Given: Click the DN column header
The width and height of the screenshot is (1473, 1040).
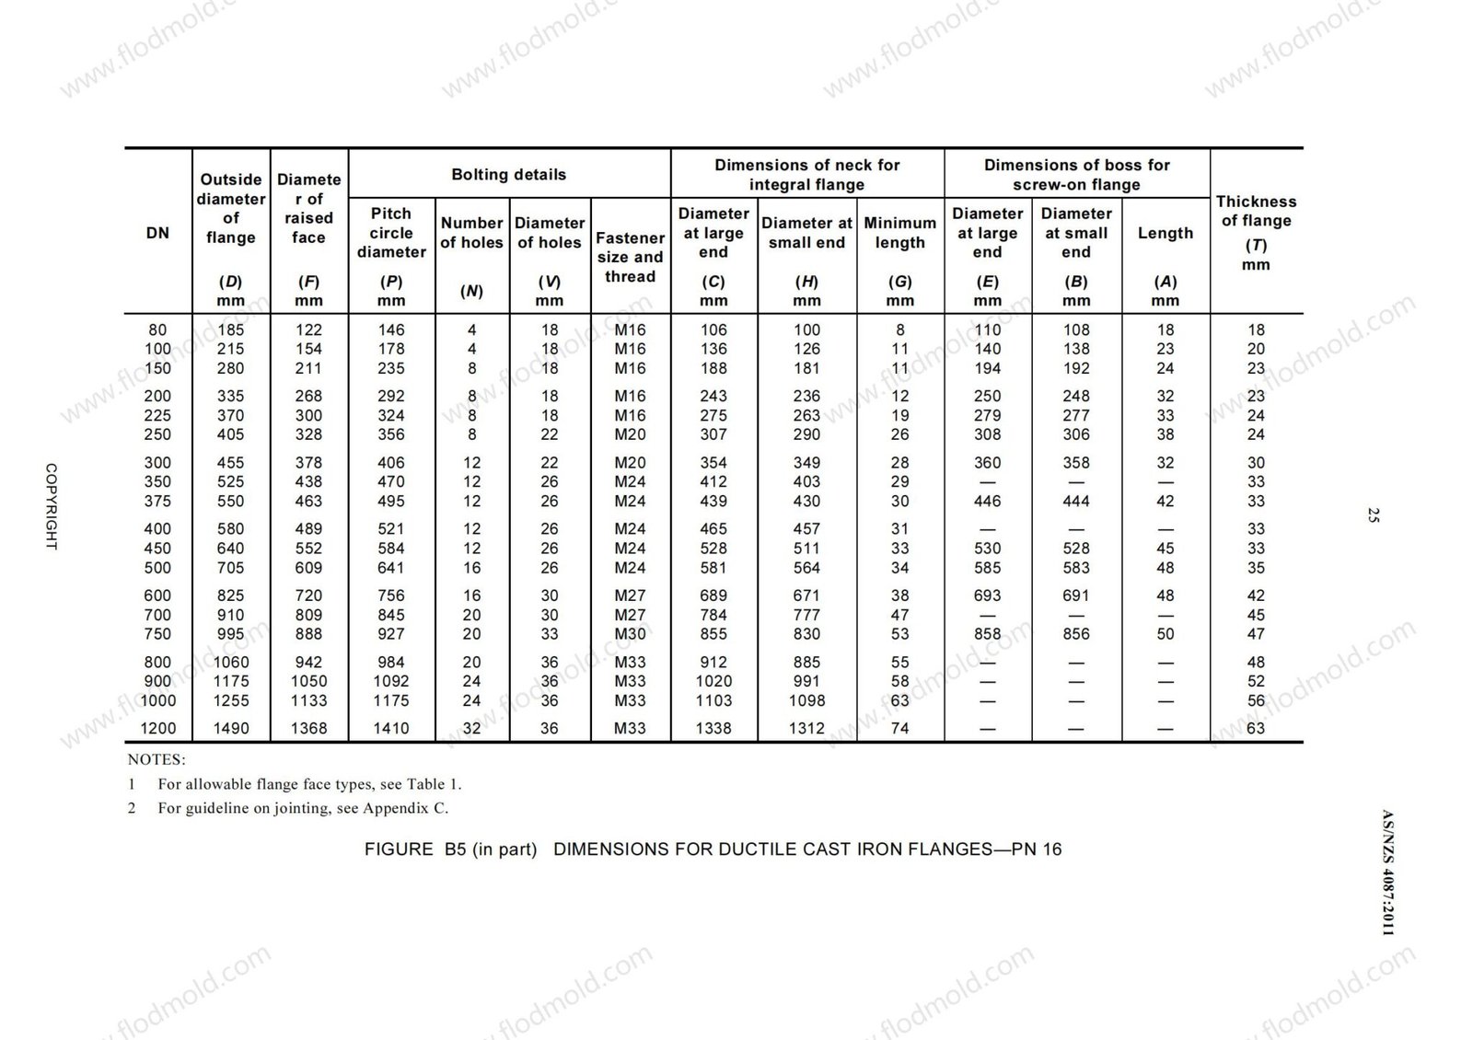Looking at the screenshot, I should (x=157, y=233).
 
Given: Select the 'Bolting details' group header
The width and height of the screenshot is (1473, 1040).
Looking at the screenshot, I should (x=508, y=175).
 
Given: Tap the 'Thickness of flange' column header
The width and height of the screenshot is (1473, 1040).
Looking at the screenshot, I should (x=1256, y=221).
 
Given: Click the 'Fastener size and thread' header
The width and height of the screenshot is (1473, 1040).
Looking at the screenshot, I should (x=630, y=257).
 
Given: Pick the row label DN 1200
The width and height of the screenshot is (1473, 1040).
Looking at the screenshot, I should (x=157, y=728).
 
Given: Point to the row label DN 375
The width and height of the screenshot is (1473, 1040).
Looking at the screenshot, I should (x=157, y=501).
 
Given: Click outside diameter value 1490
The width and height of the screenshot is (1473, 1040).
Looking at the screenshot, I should (x=230, y=728).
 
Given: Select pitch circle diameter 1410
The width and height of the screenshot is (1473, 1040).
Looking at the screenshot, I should (x=391, y=728).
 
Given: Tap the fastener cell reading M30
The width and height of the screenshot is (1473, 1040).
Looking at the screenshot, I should (x=630, y=633).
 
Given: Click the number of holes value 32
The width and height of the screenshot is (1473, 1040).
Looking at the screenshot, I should (x=471, y=728).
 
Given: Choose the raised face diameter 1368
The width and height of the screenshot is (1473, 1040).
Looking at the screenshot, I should (x=308, y=728).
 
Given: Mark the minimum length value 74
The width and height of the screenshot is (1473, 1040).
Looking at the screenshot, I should (x=899, y=728).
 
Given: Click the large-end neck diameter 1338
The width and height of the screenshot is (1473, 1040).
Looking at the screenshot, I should (x=713, y=728).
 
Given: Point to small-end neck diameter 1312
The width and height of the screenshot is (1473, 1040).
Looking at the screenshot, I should (x=806, y=728).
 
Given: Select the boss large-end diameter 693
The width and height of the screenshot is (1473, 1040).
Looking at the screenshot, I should (x=987, y=595).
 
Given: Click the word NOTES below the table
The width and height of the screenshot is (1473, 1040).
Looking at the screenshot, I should (x=156, y=760).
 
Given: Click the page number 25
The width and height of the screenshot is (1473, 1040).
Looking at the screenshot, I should (x=1374, y=515).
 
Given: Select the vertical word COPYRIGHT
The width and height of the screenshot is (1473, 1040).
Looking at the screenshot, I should (x=52, y=506).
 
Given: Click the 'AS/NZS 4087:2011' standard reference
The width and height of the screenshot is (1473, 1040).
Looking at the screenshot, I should (x=1387, y=872).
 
